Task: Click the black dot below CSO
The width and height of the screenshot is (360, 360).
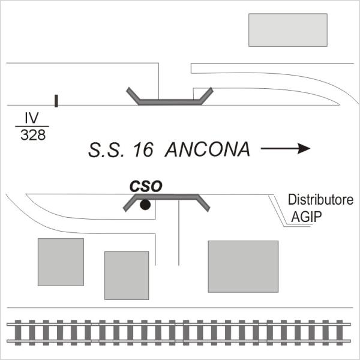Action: (145, 205)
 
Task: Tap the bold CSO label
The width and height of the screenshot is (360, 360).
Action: (147, 187)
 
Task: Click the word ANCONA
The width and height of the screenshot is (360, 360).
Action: (207, 149)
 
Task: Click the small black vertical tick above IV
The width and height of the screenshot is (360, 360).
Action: (56, 100)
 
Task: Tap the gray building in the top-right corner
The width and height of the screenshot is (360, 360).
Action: (288, 30)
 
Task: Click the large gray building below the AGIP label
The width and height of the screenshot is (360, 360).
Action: (243, 266)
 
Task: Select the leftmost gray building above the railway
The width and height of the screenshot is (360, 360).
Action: (61, 262)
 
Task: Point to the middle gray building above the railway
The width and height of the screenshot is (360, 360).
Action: (127, 275)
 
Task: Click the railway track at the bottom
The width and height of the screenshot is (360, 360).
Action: (180, 331)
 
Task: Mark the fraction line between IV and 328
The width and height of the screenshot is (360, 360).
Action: (31, 126)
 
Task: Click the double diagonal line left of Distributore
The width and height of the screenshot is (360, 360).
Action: (279, 210)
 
